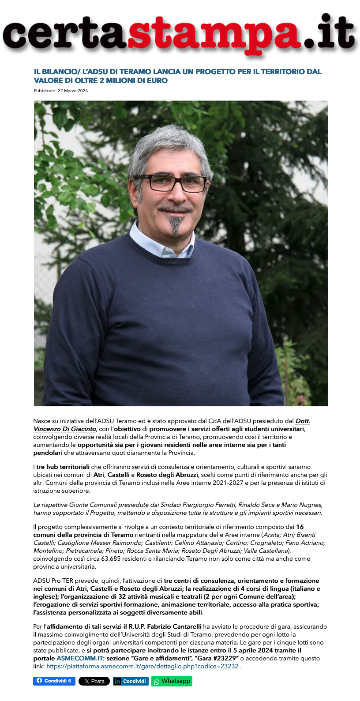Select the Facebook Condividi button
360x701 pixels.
[x=54, y=681]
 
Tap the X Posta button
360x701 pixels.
[x=94, y=681]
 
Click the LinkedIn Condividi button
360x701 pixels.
[x=131, y=681]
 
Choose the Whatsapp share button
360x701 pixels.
[x=172, y=681]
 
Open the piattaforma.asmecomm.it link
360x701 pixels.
[x=142, y=666]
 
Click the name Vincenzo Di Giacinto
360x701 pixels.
[x=65, y=429]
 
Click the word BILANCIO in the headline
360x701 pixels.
[x=59, y=71]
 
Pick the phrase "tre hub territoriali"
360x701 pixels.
[x=63, y=467]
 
